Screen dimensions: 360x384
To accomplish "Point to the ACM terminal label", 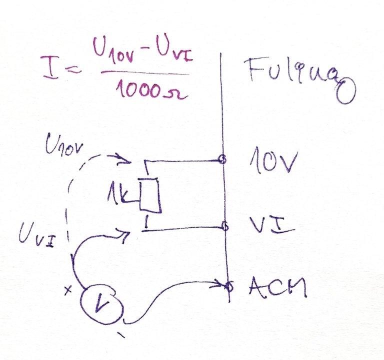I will [x=276, y=288].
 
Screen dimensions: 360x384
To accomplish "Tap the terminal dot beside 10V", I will [x=223, y=160].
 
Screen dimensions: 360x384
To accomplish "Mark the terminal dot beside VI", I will [x=225, y=227].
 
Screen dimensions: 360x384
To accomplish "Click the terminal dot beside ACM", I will [x=229, y=286].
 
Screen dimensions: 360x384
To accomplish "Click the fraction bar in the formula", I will [x=145, y=73].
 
